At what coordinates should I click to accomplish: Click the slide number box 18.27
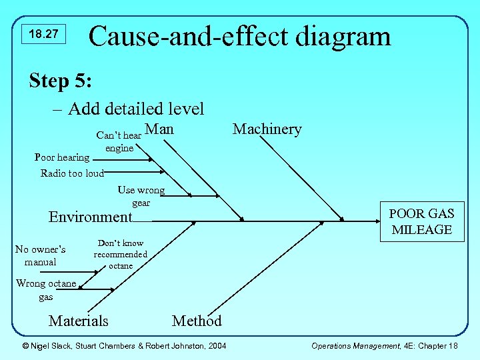(44, 34)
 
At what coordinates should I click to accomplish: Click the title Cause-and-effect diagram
(239, 35)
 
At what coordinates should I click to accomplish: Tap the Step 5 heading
(61, 81)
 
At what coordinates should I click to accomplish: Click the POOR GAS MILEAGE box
(422, 221)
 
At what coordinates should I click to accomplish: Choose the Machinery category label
(267, 129)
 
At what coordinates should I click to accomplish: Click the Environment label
(91, 217)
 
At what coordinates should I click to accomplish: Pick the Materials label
(78, 321)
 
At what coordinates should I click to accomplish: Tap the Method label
(197, 321)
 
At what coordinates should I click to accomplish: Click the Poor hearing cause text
(61, 157)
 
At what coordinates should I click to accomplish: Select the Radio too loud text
(72, 173)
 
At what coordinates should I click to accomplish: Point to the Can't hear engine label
(119, 141)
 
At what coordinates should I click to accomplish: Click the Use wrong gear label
(141, 196)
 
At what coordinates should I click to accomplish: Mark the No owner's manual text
(40, 255)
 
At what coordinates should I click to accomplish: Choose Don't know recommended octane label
(120, 255)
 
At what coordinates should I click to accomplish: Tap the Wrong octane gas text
(45, 290)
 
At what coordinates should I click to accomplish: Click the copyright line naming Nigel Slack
(124, 345)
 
